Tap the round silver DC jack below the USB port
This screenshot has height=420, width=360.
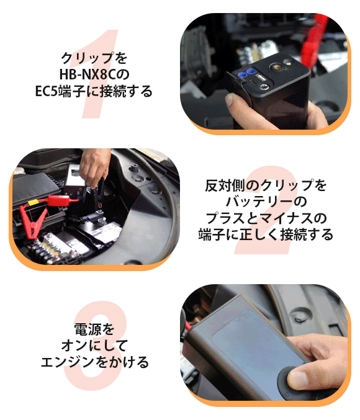tap(264, 87)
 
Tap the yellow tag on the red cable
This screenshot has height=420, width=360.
tap(33, 202)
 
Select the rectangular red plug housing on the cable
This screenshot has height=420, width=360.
tap(61, 200)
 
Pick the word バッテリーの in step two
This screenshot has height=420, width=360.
tap(266, 202)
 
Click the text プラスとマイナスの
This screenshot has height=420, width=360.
tap(266, 218)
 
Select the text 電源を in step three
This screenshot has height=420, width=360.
tap(94, 329)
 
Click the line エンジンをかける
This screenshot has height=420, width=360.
tap(94, 362)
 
